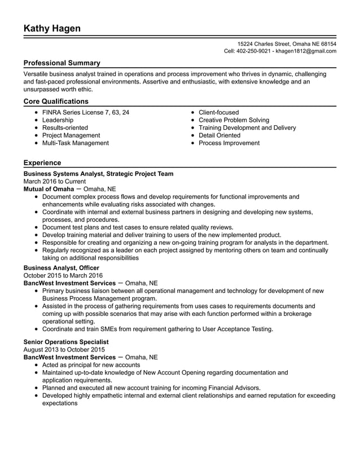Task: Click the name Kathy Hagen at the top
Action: pyautogui.click(x=52, y=29)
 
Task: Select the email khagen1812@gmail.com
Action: pyautogui.click(x=305, y=51)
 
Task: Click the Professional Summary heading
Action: pyautogui.click(x=62, y=63)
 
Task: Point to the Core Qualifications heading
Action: pyautogui.click(x=56, y=102)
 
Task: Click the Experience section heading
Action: pyautogui.click(x=42, y=163)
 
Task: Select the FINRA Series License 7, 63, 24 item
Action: pyautogui.click(x=86, y=112)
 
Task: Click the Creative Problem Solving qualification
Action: pyautogui.click(x=234, y=120)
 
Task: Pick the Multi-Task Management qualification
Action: pyautogui.click(x=76, y=143)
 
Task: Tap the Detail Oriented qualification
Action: pyautogui.click(x=219, y=135)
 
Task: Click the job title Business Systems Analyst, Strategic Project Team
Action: pyautogui.click(x=99, y=174)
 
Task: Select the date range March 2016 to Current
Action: pyautogui.click(x=55, y=182)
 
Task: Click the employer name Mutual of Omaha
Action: pyautogui.click(x=49, y=189)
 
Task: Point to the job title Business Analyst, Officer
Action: pyautogui.click(x=62, y=267)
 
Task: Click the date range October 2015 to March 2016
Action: pyautogui.click(x=63, y=275)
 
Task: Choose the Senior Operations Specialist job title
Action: pyautogui.click(x=66, y=342)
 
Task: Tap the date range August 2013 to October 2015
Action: pyautogui.click(x=64, y=350)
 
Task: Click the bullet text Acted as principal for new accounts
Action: pyautogui.click(x=91, y=365)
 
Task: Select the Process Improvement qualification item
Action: pyautogui.click(x=229, y=143)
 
